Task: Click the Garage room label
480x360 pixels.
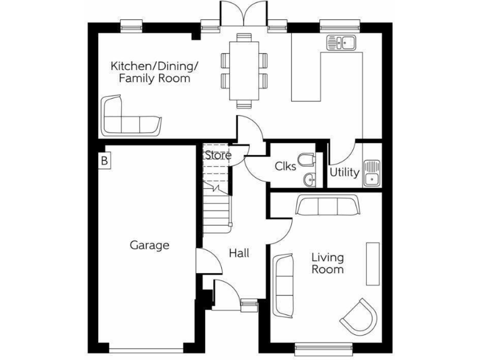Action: click(149, 245)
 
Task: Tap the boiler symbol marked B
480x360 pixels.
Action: click(104, 161)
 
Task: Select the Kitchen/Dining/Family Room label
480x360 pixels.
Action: click(154, 72)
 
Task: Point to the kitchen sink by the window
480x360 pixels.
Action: click(341, 43)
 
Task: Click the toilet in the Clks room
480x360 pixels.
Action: click(306, 161)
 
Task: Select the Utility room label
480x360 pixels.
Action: click(344, 172)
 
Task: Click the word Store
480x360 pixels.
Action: click(218, 155)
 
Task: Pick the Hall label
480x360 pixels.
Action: click(239, 253)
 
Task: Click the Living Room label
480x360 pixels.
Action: click(327, 263)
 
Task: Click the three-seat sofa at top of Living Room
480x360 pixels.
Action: click(328, 206)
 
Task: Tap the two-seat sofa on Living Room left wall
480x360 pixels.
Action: click(284, 282)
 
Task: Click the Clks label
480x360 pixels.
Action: click(285, 167)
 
